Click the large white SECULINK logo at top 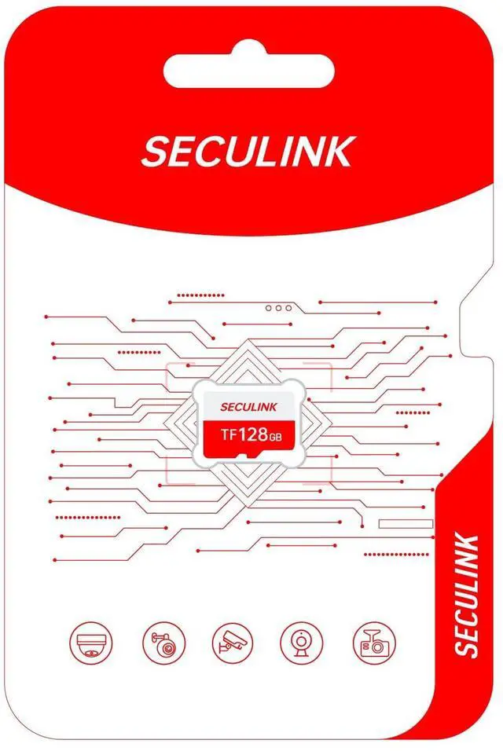coord(247,151)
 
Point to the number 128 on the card coord(253,434)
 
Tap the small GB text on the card coord(274,437)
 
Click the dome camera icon coord(91,643)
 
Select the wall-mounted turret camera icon coord(163,643)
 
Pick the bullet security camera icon coord(233,643)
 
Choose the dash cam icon coord(373,643)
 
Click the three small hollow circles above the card coord(278,308)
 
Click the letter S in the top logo coord(153,152)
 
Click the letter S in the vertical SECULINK coord(466,647)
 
